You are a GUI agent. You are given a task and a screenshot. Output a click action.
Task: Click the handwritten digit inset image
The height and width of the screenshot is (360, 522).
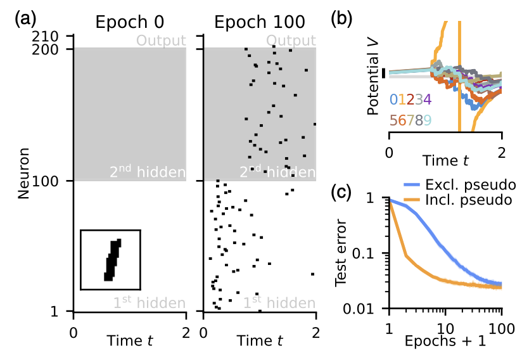[110, 260]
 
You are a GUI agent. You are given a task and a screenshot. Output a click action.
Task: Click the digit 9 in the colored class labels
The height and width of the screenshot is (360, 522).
[428, 120]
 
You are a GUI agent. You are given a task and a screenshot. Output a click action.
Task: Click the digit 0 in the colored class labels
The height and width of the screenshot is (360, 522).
[393, 99]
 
